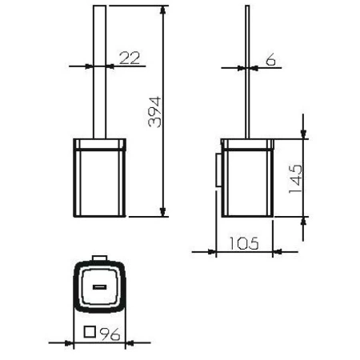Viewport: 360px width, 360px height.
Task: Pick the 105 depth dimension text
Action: click(x=243, y=242)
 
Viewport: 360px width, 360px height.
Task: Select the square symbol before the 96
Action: click(x=91, y=334)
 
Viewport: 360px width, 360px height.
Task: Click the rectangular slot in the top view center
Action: click(x=100, y=286)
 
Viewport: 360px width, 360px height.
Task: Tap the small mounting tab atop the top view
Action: click(x=100, y=258)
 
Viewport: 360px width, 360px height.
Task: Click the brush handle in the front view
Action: click(x=100, y=72)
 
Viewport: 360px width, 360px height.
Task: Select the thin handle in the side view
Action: click(x=246, y=72)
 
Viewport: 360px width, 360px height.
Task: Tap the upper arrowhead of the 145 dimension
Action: click(x=303, y=133)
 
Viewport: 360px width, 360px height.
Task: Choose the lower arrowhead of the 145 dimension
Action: click(x=303, y=222)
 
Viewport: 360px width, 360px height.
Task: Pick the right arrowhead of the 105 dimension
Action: click(x=274, y=252)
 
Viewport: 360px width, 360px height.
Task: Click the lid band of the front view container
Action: click(x=100, y=146)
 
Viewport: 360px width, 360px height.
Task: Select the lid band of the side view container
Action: click(x=248, y=146)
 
